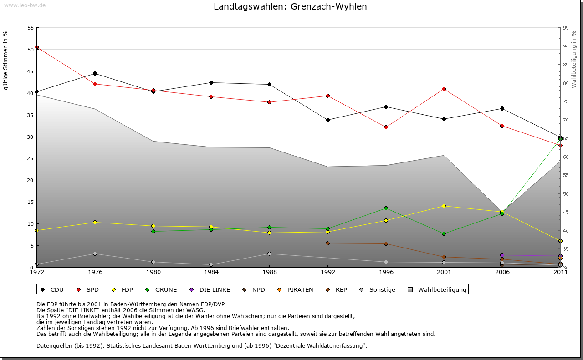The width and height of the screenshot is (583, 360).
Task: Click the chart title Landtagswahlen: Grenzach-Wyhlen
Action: click(290, 7)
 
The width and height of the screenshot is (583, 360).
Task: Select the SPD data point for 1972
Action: click(36, 47)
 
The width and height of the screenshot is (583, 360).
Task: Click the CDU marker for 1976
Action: click(95, 73)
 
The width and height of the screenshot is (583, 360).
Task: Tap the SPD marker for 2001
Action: click(444, 89)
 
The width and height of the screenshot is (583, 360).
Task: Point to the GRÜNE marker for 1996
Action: click(386, 208)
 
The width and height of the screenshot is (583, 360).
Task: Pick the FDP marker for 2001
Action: click(444, 206)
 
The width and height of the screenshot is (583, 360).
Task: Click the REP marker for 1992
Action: click(327, 243)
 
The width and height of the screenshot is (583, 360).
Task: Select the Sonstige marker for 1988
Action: click(269, 254)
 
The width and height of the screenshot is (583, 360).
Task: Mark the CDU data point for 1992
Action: click(327, 120)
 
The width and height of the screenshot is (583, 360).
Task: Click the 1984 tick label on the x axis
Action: click(211, 273)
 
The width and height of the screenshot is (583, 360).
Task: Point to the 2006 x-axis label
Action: click(502, 273)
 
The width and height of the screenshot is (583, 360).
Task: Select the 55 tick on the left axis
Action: click(31, 28)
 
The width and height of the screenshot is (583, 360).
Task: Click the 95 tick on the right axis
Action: click(565, 28)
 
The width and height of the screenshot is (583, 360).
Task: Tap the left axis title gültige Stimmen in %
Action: click(6, 60)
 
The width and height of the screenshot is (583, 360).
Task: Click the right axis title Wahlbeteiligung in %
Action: click(574, 60)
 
